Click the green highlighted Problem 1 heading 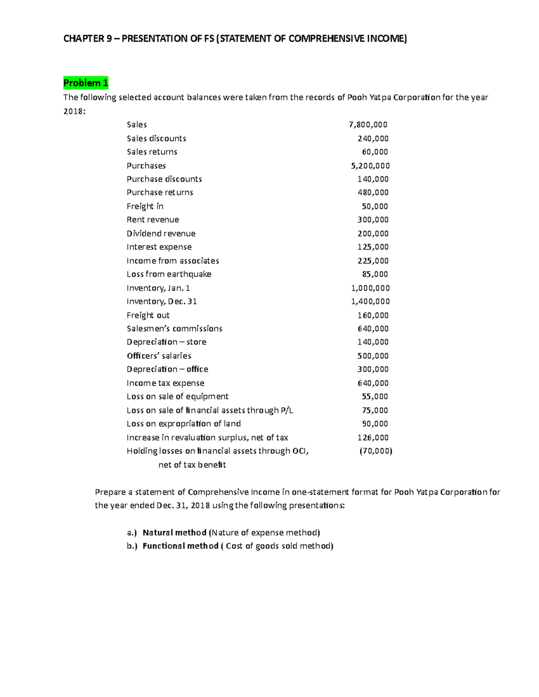85,83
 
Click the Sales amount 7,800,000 368,125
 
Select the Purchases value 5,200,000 370,166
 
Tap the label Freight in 145,206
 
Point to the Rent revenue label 153,220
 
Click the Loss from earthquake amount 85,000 375,274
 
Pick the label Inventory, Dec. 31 162,302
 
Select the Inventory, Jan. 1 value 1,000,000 370,288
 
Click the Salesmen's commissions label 174,329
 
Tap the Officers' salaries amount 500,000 373,356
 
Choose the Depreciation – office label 167,369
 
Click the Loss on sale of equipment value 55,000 375,397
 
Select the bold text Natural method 174,533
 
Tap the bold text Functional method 180,546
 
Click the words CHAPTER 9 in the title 88,39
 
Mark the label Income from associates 172,261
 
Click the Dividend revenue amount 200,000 373,234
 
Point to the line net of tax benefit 192,465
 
